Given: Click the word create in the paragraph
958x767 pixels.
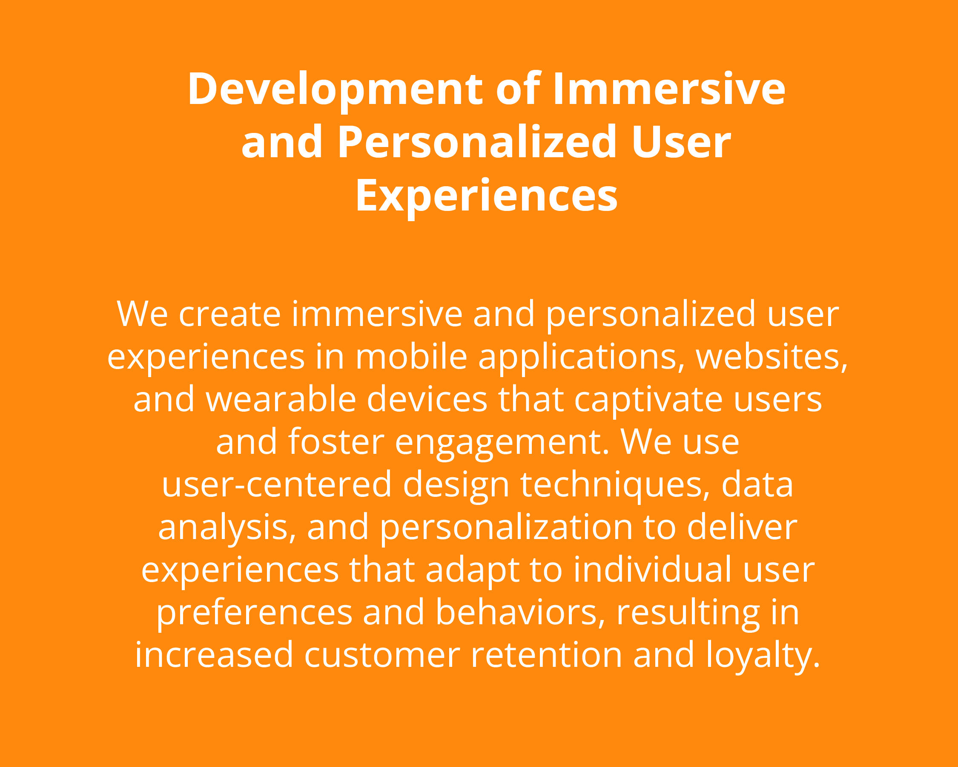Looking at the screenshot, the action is [230, 314].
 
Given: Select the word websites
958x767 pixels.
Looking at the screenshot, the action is [772, 357].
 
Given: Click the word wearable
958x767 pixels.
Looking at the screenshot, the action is [281, 399].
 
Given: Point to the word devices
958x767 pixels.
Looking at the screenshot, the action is [427, 399].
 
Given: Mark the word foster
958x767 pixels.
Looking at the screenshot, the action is [336, 441].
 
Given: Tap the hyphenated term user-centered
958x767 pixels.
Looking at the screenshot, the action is [277, 484].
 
